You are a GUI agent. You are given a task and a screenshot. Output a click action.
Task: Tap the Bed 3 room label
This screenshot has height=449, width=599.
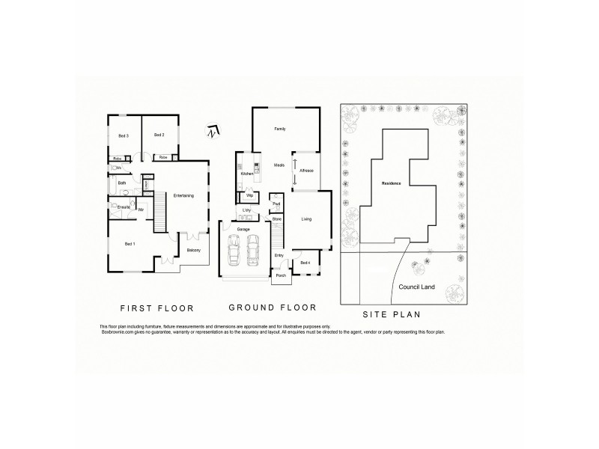coord(124,135)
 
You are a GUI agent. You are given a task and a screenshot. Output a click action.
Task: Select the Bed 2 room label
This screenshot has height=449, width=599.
coord(159,135)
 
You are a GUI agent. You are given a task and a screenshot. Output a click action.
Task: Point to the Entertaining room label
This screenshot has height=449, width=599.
coord(183,196)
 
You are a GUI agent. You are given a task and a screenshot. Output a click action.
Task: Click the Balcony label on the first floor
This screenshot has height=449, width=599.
coord(193,250)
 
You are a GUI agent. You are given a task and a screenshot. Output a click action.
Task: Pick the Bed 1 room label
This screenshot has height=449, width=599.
coord(129,245)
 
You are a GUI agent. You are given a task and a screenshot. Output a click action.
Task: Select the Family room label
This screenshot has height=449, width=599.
coord(280,129)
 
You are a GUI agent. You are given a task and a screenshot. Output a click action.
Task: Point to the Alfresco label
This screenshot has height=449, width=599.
coord(305,171)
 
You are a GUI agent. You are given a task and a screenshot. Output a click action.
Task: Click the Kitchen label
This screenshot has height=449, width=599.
coord(247,174)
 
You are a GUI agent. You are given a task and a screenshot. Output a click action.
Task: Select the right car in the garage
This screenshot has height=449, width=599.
coord(253,249)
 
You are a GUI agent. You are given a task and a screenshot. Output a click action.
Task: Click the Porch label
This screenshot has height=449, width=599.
coord(281,275)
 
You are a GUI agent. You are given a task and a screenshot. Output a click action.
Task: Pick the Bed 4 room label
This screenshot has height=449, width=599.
coord(305,263)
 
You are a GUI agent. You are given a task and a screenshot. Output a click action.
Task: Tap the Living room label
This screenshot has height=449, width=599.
coord(306,219)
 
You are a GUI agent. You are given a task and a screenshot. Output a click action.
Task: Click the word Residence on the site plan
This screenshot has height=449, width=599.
coord(392,183)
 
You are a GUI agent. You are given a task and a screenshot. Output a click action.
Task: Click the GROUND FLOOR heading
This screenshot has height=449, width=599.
coord(272,308)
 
